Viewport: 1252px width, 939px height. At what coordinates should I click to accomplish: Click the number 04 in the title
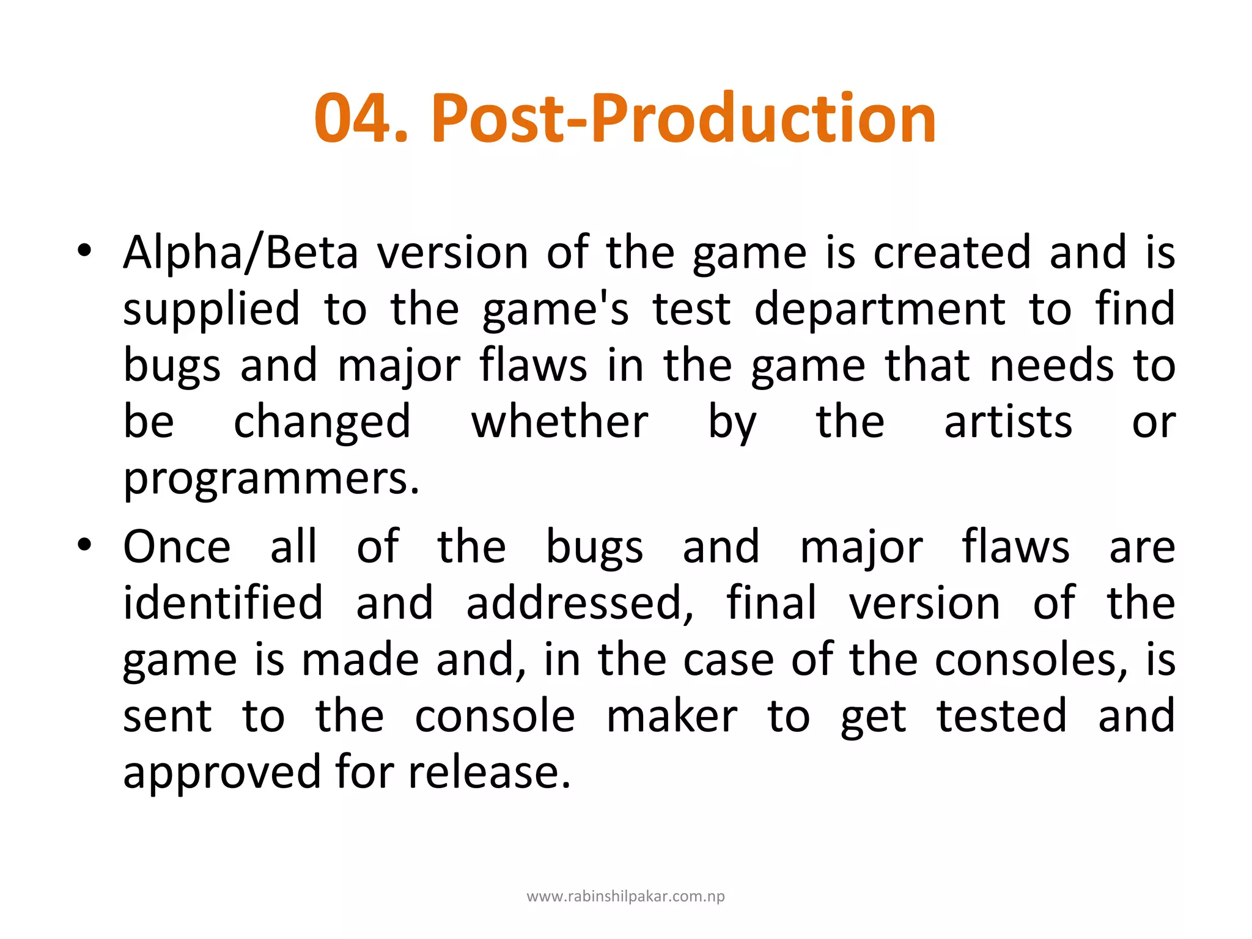(x=353, y=118)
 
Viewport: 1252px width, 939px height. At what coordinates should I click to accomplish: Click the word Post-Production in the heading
(x=683, y=118)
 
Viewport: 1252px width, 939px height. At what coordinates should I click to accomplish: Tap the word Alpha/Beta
(x=240, y=253)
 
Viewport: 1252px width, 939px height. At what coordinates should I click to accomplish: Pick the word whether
(x=559, y=422)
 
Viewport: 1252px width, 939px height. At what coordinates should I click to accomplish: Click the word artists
(x=1008, y=422)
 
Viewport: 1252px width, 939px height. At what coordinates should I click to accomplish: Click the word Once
(x=177, y=547)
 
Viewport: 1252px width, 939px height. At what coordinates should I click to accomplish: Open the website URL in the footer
(x=625, y=897)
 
